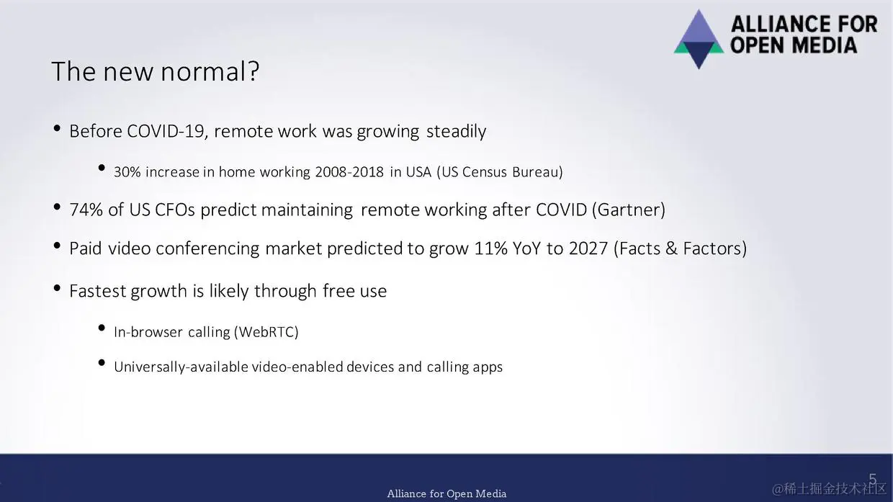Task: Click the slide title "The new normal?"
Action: coord(156,72)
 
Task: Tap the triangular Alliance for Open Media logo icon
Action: coord(699,39)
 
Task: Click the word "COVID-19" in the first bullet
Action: coord(167,131)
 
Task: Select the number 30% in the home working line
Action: coord(127,172)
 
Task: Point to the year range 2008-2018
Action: coord(349,172)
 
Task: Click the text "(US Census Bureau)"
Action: coord(500,172)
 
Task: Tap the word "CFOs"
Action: coord(174,210)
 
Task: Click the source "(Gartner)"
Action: coord(629,210)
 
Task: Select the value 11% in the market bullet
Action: coord(490,248)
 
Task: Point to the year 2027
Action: coord(588,248)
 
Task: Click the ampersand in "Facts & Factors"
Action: coord(671,248)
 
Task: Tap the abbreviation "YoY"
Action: coord(527,248)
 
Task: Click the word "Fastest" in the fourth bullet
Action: coord(98,291)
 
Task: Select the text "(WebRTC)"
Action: coord(266,332)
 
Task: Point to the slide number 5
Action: coord(873,478)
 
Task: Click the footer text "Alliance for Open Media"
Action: coord(447,493)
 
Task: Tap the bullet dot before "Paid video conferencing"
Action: coord(57,246)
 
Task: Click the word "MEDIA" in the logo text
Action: coord(823,45)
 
